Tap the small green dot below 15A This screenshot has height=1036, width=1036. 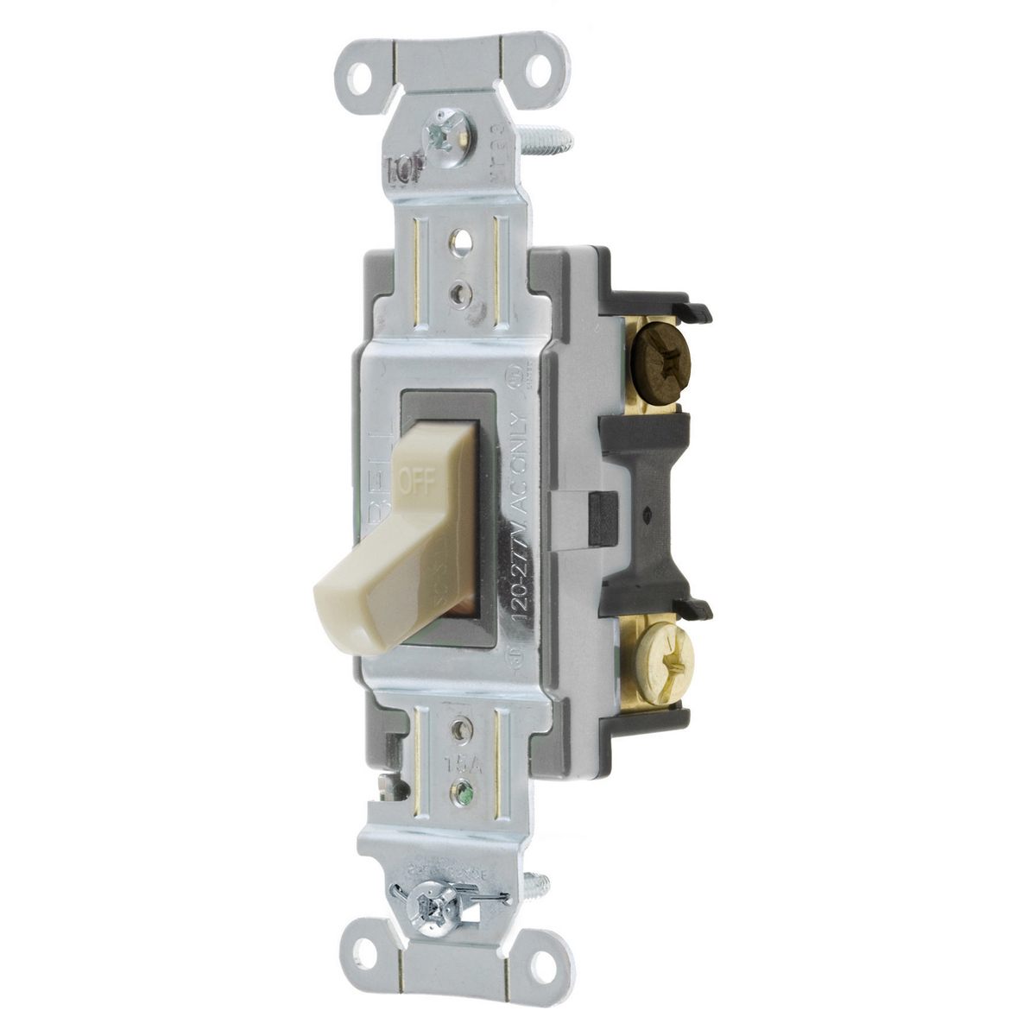click(465, 788)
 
